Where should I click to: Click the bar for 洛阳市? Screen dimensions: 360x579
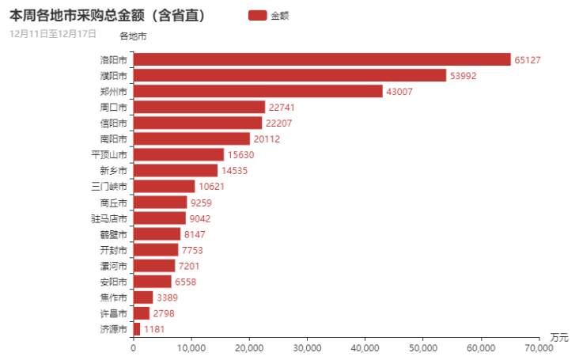click(x=322, y=59)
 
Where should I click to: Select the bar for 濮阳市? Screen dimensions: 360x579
click(x=289, y=75)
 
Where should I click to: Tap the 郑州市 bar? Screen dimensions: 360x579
click(x=258, y=91)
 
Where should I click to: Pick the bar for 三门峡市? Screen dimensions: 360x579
click(x=164, y=186)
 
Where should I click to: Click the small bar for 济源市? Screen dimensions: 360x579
click(x=137, y=328)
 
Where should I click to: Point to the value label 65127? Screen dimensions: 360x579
click(x=528, y=60)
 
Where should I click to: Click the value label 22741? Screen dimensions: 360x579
click(x=282, y=108)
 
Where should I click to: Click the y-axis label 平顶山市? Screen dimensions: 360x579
click(x=109, y=154)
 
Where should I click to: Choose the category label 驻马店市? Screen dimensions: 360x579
click(x=109, y=218)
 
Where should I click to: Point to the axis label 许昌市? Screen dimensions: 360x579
click(x=113, y=313)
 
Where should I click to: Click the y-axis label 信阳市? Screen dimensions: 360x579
click(x=113, y=123)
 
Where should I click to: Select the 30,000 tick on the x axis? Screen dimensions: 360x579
click(x=307, y=347)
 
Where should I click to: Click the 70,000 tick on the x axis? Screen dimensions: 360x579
click(x=539, y=347)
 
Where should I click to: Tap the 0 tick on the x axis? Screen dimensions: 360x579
click(x=133, y=347)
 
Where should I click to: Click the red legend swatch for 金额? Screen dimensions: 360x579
click(x=257, y=15)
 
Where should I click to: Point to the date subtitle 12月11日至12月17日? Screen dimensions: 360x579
click(x=53, y=34)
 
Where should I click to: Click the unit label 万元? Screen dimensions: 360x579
click(x=559, y=338)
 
